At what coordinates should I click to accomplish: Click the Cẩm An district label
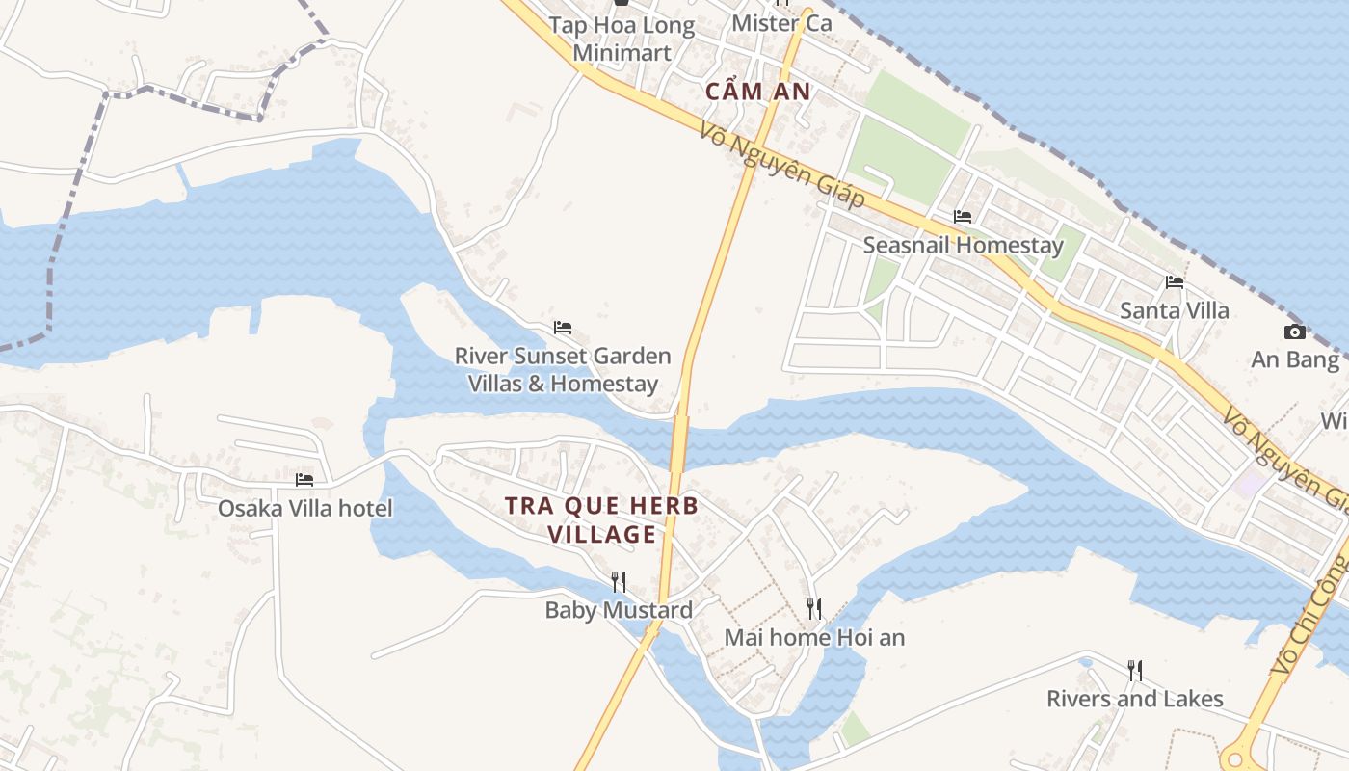[x=757, y=92]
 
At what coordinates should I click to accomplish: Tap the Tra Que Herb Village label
[x=601, y=519]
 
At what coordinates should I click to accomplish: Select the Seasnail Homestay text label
[x=963, y=245]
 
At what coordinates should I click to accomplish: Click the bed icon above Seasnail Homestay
[x=963, y=217]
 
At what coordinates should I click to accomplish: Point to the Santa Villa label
[x=1174, y=310]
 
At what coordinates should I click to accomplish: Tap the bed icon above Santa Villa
[x=1175, y=282]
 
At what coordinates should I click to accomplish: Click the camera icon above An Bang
[x=1295, y=332]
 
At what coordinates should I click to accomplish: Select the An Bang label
[x=1295, y=360]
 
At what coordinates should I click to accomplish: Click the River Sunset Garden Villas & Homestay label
[x=563, y=370]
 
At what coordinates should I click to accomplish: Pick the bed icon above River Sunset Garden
[x=563, y=328]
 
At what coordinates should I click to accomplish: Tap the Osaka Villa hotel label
[x=304, y=508]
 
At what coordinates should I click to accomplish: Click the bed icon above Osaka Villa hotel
[x=304, y=479]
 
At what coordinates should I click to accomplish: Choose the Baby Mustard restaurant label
[x=619, y=610]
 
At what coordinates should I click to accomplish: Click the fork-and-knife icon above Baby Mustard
[x=619, y=581]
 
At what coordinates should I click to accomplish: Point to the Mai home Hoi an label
[x=814, y=637]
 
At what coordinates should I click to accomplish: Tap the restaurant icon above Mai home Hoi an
[x=814, y=608]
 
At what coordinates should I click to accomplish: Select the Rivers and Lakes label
[x=1135, y=699]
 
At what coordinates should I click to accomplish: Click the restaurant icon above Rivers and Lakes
[x=1135, y=670]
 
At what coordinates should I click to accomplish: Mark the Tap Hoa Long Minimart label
[x=622, y=39]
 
